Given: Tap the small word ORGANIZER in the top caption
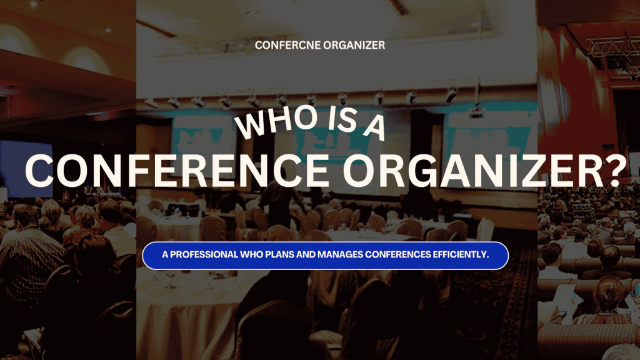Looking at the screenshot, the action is pyautogui.click(x=354, y=45).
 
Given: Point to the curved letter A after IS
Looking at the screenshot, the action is pyautogui.click(x=375, y=127).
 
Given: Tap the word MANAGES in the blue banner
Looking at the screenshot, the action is pyautogui.click(x=340, y=255).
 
